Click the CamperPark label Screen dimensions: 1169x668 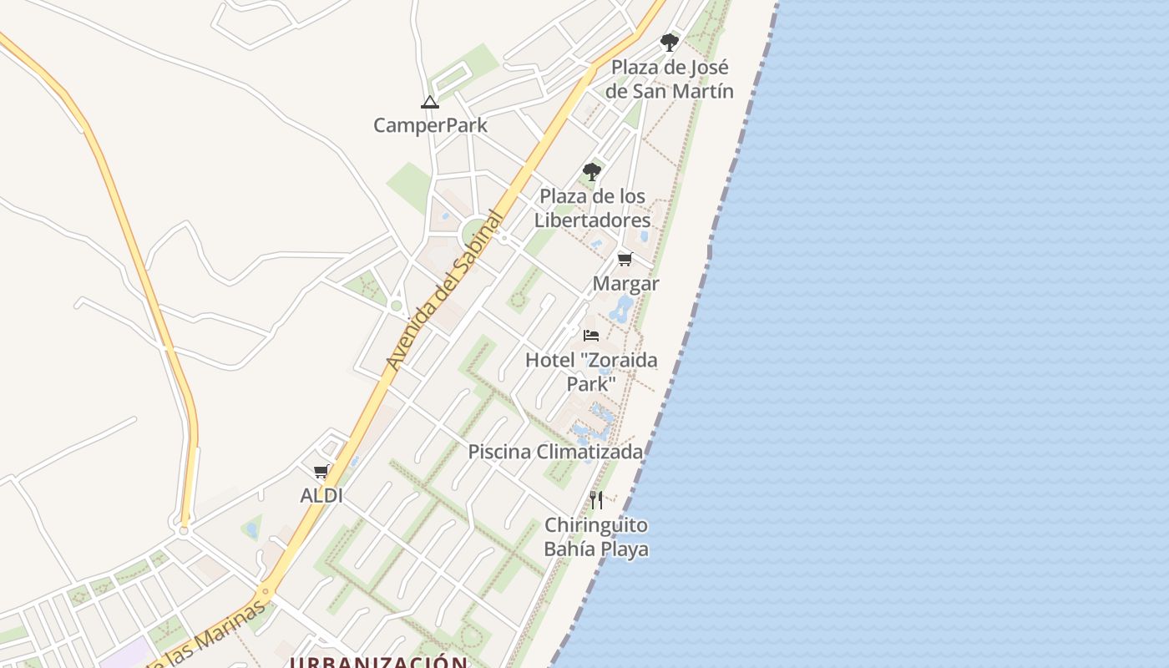click(x=430, y=125)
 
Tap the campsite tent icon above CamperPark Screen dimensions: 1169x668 click(x=430, y=103)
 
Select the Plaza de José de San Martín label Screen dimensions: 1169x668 click(x=669, y=79)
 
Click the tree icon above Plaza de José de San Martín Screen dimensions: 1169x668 click(x=669, y=42)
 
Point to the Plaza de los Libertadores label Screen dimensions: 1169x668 click(x=592, y=208)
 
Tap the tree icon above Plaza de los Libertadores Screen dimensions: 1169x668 click(x=592, y=172)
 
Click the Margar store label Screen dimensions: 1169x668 click(x=625, y=284)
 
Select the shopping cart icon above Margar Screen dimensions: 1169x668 click(x=625, y=260)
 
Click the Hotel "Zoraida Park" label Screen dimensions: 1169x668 click(x=591, y=372)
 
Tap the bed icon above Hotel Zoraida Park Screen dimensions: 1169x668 click(x=591, y=336)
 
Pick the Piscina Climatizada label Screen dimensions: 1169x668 click(x=555, y=452)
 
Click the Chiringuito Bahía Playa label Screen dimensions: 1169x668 click(x=596, y=537)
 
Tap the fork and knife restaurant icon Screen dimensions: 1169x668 click(x=596, y=500)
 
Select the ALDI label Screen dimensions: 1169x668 click(x=321, y=495)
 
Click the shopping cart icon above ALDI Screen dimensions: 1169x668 click(x=321, y=472)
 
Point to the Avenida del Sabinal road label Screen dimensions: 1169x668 click(x=445, y=291)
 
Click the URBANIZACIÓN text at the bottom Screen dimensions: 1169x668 click(x=378, y=662)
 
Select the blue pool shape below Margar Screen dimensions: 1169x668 click(x=621, y=309)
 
